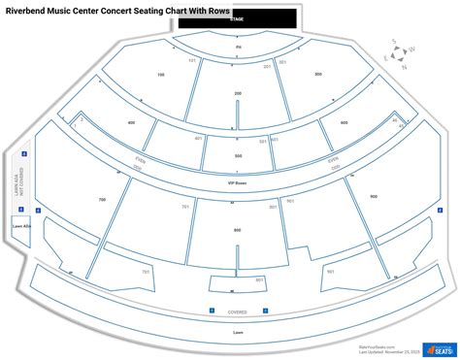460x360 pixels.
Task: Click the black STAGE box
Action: tap(238, 19)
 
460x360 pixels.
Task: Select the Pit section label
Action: tap(238, 47)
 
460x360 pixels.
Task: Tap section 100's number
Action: tap(161, 74)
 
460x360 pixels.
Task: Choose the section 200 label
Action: tap(238, 93)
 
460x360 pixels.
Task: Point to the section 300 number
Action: tap(317, 74)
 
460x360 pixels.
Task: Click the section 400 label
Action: tap(131, 122)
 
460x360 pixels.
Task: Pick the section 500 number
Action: tap(238, 155)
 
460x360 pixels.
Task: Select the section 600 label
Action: tap(344, 122)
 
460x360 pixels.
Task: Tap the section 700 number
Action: tap(101, 199)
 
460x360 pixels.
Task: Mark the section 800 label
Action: tap(238, 230)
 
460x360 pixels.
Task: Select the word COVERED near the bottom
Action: tap(238, 312)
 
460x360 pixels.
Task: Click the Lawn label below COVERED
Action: tap(238, 332)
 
